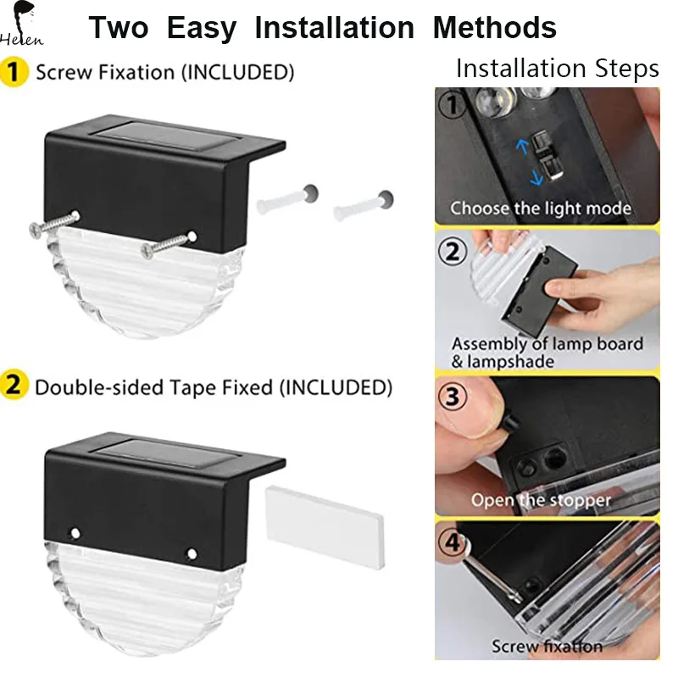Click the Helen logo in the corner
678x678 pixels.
(x=23, y=25)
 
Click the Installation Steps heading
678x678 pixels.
(x=557, y=69)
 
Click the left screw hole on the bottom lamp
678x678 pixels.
(x=75, y=535)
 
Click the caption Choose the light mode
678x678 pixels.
(x=540, y=208)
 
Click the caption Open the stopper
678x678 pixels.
(x=541, y=500)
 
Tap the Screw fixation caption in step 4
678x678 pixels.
(x=547, y=647)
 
